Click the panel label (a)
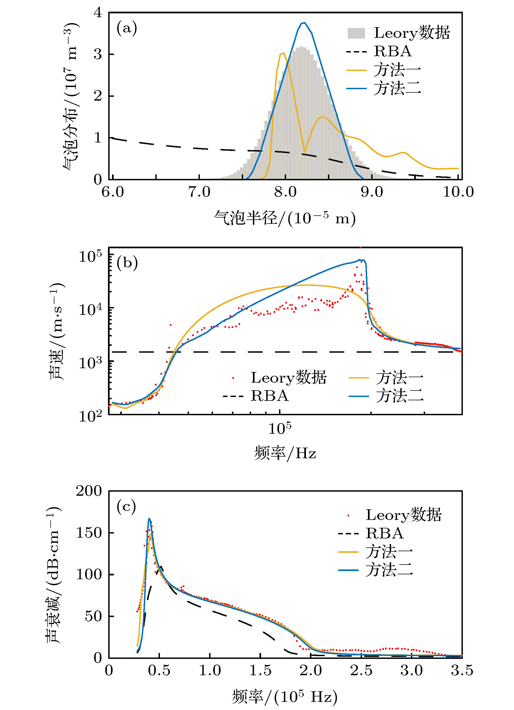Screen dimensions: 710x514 click(x=127, y=29)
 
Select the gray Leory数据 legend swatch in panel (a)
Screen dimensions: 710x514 click(x=356, y=33)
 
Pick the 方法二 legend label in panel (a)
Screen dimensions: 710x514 click(x=397, y=89)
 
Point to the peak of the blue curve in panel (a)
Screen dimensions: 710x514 click(x=303, y=23)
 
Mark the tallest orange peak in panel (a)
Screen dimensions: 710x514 click(x=283, y=53)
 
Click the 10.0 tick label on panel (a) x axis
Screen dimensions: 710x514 click(x=458, y=192)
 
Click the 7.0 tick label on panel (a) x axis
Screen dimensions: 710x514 click(x=199, y=192)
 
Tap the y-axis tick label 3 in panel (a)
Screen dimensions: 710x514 click(x=98, y=54)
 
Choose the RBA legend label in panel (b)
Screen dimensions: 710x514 click(x=270, y=396)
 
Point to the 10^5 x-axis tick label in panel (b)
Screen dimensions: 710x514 click(x=280, y=428)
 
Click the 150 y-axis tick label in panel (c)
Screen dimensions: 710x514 click(x=89, y=533)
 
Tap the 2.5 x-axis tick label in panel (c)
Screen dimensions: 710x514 click(x=361, y=671)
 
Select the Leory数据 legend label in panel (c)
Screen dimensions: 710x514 click(x=404, y=515)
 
